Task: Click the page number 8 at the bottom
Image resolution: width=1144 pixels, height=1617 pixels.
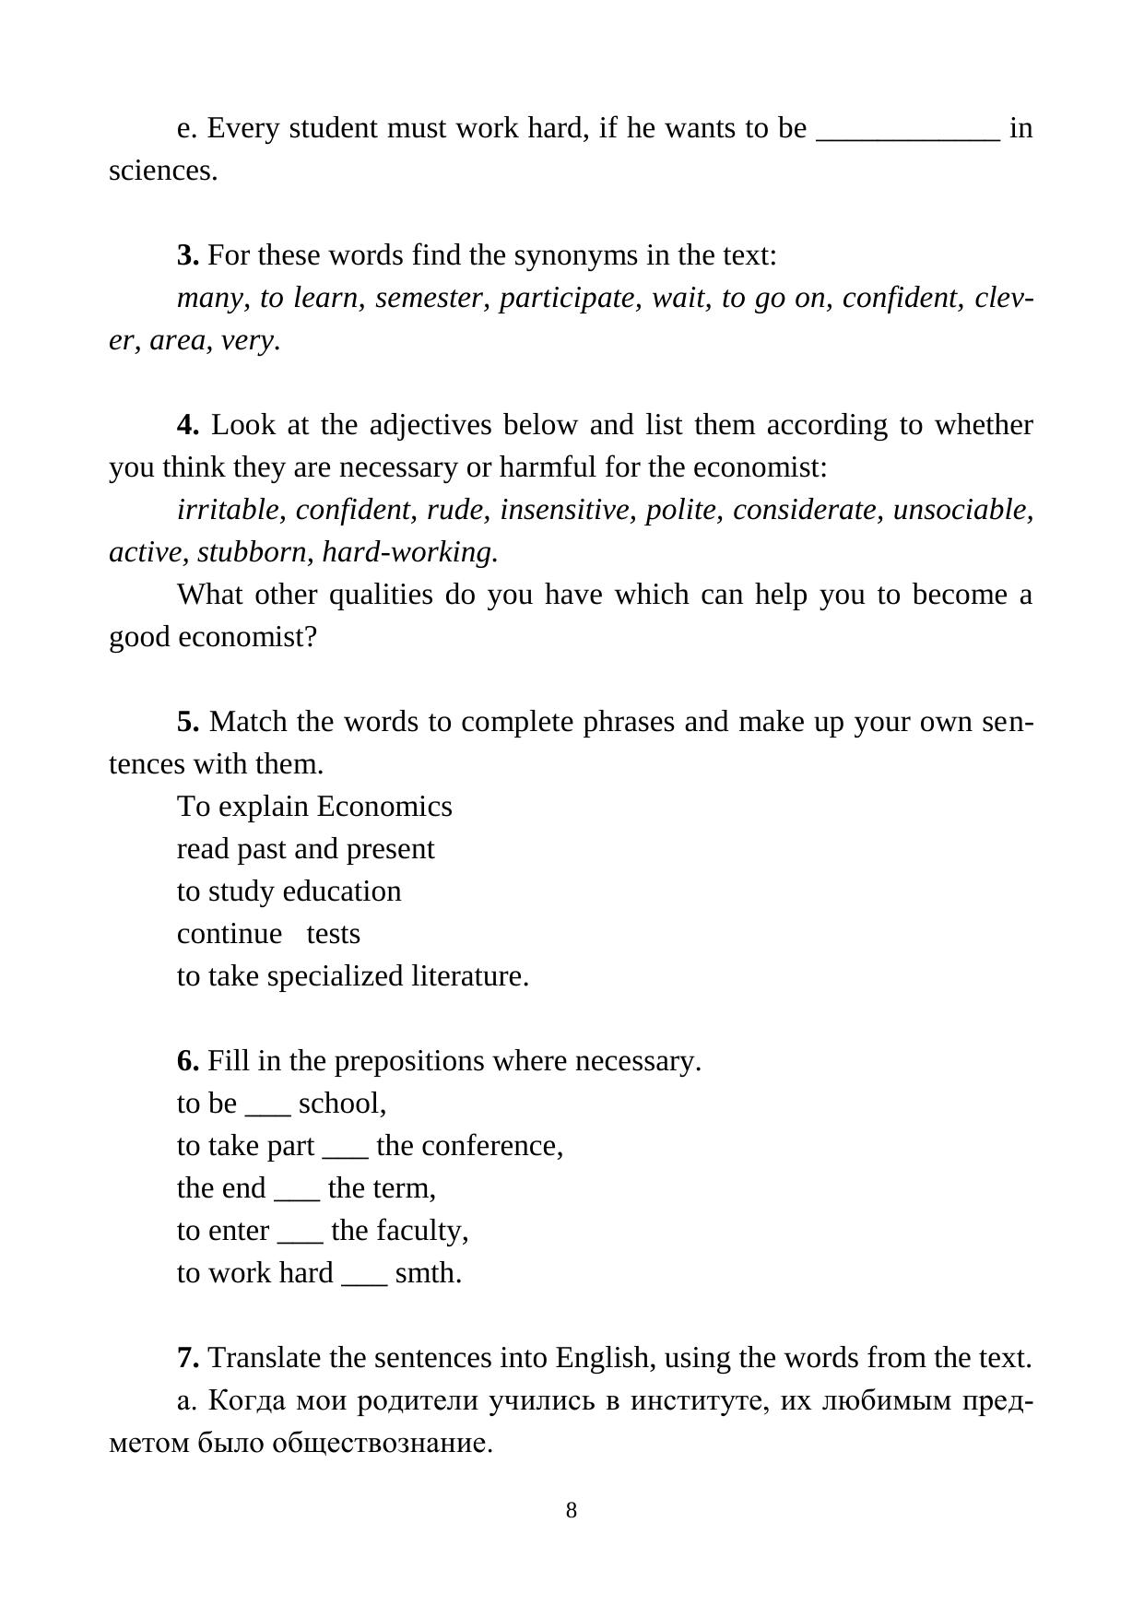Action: click(572, 1510)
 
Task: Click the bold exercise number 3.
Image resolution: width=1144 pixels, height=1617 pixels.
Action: click(188, 255)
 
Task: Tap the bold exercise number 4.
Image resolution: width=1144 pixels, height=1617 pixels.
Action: click(188, 425)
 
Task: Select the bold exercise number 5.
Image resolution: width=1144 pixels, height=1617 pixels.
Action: click(188, 722)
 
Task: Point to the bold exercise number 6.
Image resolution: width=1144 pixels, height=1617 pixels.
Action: click(188, 1061)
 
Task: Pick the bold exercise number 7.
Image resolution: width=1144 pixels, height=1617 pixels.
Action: click(188, 1358)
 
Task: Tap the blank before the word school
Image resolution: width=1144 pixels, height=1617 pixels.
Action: click(267, 1111)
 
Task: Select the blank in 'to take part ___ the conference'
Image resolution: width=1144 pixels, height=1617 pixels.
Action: click(346, 1153)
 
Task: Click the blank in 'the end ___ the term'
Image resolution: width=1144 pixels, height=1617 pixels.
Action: click(297, 1196)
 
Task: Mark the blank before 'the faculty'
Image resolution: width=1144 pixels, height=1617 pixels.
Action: click(300, 1238)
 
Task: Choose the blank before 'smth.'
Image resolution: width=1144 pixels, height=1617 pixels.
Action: click(364, 1281)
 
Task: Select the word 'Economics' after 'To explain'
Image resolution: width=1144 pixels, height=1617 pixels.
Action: click(383, 807)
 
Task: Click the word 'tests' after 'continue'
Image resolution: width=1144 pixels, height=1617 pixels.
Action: click(333, 934)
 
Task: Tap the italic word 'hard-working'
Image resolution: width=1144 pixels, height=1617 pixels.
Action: click(409, 552)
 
